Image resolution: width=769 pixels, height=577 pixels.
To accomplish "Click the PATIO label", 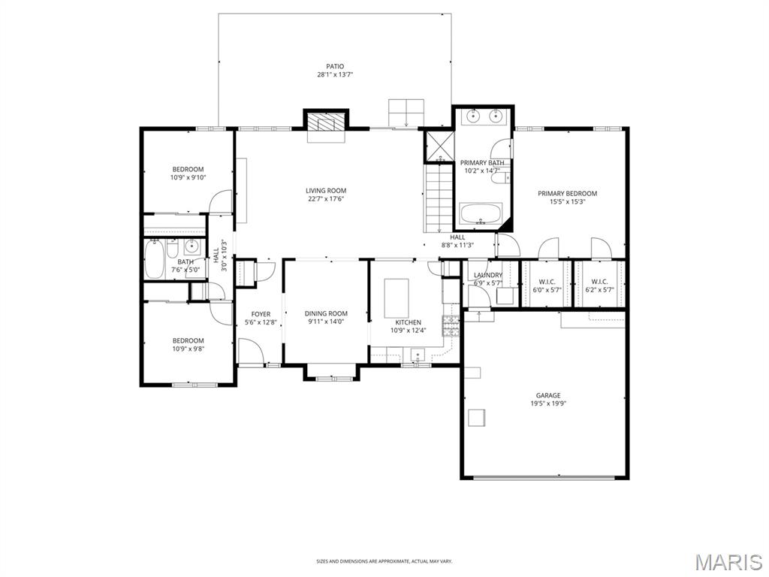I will click(335, 66).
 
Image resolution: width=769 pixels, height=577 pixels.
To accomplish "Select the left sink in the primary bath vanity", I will click(472, 116).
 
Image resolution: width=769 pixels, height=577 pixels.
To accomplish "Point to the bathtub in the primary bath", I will click(481, 215).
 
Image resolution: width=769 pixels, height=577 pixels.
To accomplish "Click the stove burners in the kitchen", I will click(450, 325).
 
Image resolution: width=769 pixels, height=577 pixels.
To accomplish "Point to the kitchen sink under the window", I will click(418, 355).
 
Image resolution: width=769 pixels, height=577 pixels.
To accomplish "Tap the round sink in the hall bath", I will click(192, 246).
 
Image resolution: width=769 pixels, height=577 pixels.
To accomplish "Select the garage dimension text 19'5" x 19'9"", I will click(547, 403).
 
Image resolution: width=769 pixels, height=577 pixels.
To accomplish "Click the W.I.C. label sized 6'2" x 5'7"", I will click(599, 290).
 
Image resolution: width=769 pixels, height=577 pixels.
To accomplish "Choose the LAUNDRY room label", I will click(488, 275).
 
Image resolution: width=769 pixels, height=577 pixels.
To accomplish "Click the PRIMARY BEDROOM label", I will click(567, 194).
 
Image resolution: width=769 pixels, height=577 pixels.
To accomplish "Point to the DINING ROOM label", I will click(326, 313).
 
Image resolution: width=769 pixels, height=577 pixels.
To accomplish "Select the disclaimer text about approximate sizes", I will click(384, 560).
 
